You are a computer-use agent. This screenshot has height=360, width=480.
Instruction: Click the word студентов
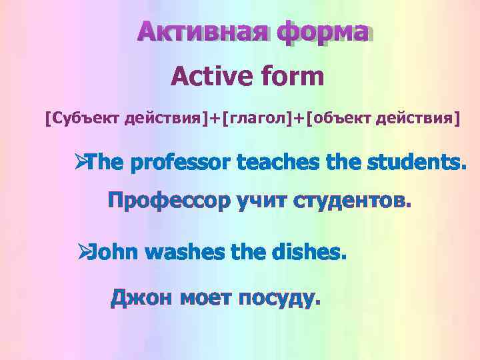352,201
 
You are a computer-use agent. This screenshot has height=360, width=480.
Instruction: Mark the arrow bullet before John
83,253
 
